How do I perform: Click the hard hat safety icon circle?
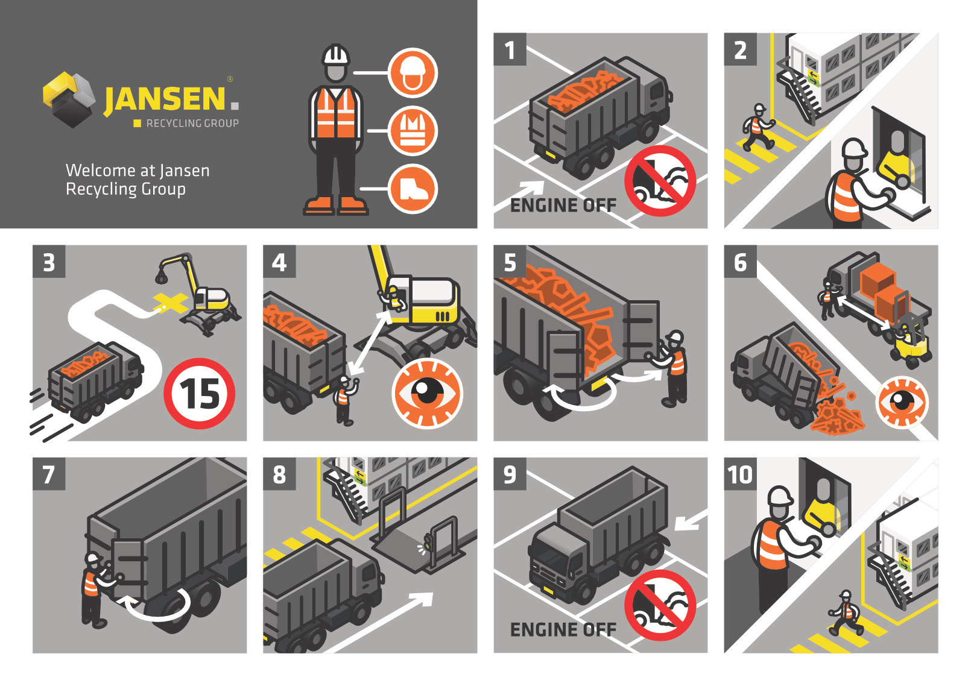pos(413,73)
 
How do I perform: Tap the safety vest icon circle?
pos(413,131)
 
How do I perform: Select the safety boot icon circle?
pos(413,189)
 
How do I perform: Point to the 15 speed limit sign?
pos(200,394)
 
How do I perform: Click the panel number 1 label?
pos(510,49)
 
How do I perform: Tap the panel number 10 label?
pos(741,474)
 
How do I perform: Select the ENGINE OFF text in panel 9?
pos(563,630)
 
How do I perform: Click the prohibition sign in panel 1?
pos(660,181)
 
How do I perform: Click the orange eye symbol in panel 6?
pos(902,401)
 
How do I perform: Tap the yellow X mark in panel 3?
pos(170,302)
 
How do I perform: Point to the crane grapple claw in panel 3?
pos(161,277)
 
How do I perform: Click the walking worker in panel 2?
pos(758,127)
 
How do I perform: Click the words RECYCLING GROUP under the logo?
pos(192,124)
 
